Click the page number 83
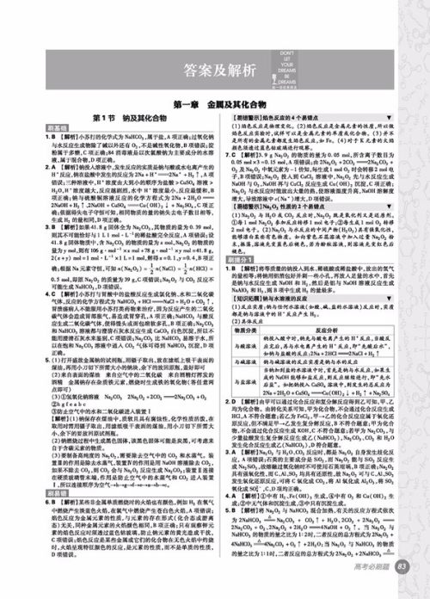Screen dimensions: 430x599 tap(403, 589)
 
